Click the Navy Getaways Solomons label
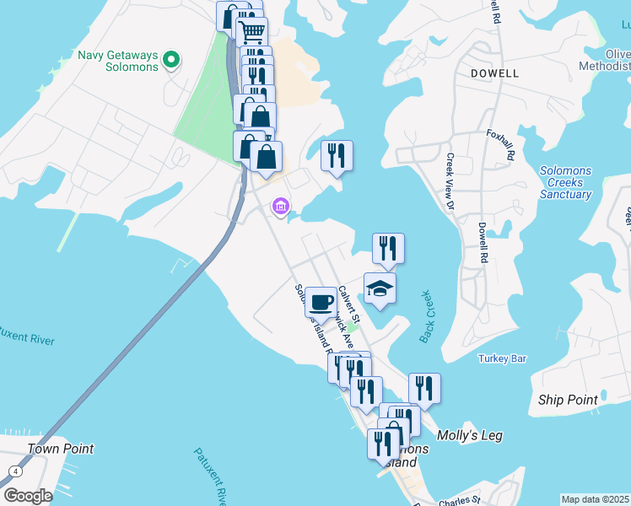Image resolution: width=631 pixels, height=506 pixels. (x=118, y=61)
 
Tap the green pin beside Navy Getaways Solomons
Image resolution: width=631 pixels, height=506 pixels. (x=171, y=60)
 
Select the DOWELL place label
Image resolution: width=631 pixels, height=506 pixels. (x=494, y=73)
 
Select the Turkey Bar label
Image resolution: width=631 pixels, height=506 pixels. (x=502, y=358)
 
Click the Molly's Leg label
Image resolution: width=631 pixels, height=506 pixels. (x=470, y=435)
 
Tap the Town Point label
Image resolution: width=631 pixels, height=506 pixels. (x=60, y=449)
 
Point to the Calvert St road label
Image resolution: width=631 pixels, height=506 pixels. (x=349, y=304)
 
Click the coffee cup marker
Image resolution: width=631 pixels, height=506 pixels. (x=320, y=301)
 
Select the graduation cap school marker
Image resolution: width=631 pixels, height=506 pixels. (x=380, y=288)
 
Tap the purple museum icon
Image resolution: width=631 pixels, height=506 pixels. (x=280, y=206)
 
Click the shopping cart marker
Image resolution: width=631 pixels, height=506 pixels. (x=251, y=32)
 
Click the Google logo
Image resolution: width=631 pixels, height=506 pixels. (x=28, y=496)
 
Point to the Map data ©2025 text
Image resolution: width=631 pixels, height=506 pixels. (x=596, y=499)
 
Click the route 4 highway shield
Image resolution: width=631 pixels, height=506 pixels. (x=14, y=470)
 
